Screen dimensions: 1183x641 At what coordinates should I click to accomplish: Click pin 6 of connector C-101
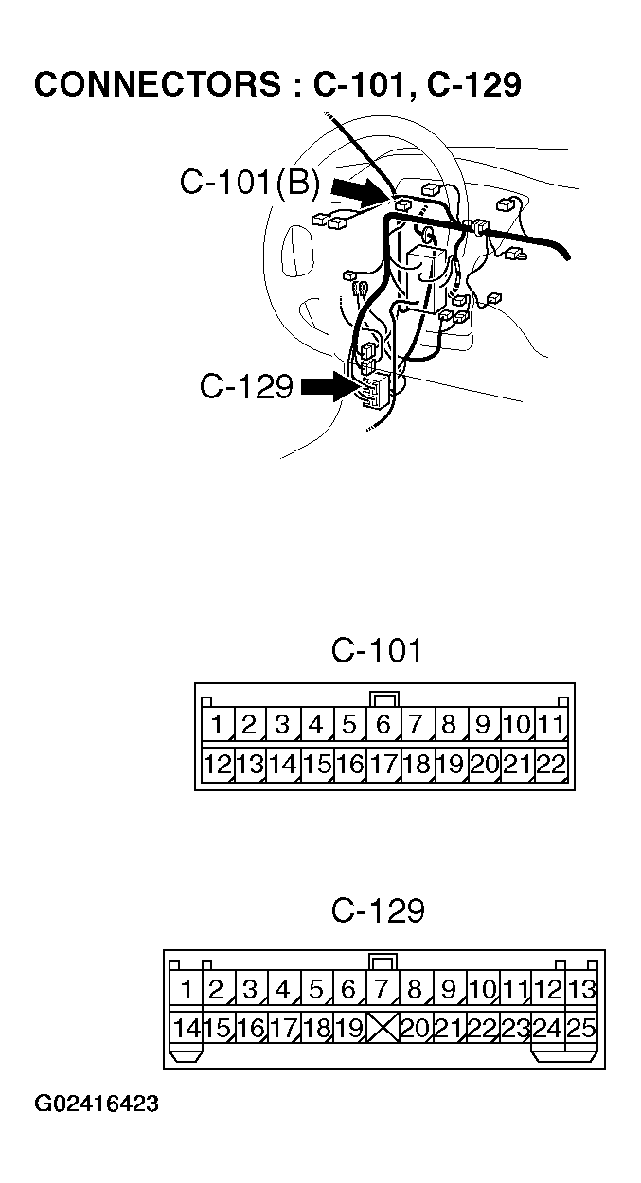point(383,727)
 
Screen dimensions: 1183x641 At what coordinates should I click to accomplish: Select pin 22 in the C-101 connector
point(550,764)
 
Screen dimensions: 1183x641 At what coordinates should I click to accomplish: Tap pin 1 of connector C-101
point(217,727)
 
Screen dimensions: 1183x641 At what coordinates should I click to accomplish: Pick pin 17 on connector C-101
point(383,764)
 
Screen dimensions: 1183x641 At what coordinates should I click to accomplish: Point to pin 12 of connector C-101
point(217,764)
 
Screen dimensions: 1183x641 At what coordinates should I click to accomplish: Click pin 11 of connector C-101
point(550,727)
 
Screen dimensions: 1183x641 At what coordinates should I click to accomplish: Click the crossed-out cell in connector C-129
point(382,1028)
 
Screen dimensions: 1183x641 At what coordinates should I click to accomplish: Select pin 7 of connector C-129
point(382,991)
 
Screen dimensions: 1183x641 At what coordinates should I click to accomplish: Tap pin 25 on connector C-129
point(580,1028)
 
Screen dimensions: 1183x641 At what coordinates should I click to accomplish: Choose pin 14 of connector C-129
point(186,1028)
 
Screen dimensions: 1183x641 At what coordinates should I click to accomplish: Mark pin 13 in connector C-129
point(580,991)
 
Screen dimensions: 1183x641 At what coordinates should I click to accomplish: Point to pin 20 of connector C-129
point(415,1028)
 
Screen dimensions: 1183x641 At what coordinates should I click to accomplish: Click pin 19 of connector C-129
point(348,1028)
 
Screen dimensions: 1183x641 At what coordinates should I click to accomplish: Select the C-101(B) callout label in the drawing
point(250,183)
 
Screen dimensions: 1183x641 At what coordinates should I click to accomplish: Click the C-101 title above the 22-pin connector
point(376,651)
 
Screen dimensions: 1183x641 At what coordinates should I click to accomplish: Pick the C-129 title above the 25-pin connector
point(377,911)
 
